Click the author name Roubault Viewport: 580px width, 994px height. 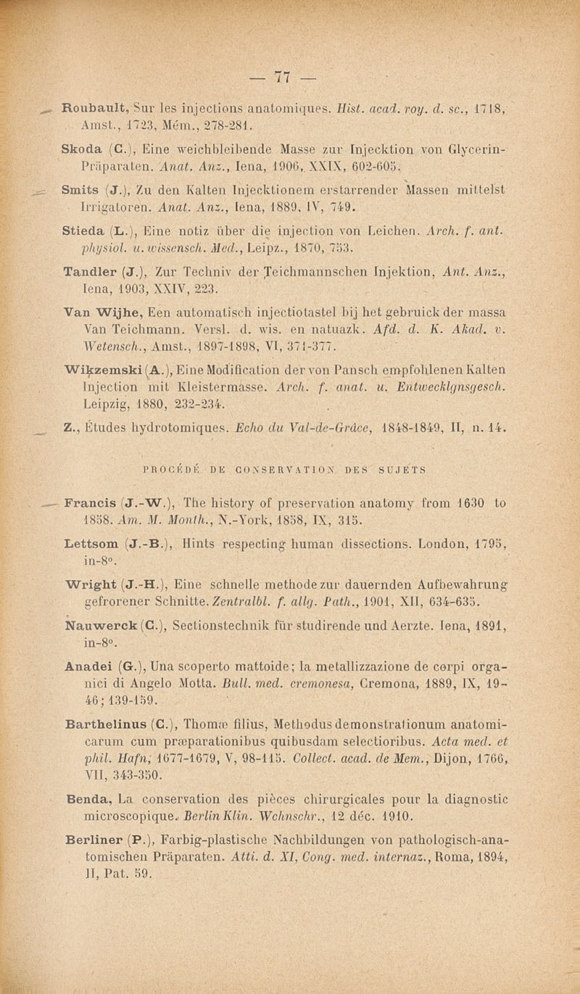91,112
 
